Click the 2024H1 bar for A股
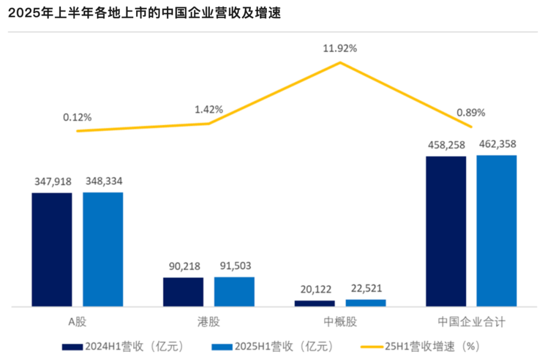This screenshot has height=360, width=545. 52,249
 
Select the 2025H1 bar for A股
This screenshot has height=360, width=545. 103,249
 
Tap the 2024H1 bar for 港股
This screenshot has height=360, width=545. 183,292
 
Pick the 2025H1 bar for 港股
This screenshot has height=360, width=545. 234,291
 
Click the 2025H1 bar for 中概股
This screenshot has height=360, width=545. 366,303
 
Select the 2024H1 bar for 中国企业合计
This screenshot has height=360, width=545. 446,231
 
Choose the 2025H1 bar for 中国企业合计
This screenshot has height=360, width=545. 497,231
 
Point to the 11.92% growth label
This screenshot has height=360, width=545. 340,49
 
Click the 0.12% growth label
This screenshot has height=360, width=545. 77,117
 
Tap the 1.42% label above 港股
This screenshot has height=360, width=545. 209,110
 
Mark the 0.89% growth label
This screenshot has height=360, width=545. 471,113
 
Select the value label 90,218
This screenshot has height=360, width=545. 183,266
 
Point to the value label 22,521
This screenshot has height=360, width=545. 366,289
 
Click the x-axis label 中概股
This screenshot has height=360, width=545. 340,322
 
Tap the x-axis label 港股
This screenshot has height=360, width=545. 209,322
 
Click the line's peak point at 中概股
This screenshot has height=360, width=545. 340,63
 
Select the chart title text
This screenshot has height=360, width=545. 144,14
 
